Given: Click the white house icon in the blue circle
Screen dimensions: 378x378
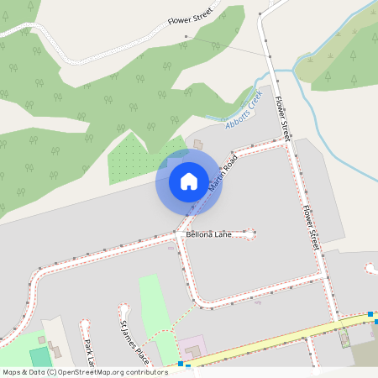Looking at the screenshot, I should [x=188, y=181].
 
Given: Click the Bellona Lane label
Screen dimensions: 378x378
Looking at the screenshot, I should [x=208, y=234].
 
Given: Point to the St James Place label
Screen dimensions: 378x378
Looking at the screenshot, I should [x=134, y=341].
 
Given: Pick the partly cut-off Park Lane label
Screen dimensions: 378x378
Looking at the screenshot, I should [x=91, y=353].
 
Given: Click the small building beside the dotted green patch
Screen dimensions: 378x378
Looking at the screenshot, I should [x=198, y=144].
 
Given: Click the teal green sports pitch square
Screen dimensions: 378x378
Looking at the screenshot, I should [x=40, y=357].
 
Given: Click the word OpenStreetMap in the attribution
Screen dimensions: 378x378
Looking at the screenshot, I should [x=90, y=372].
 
